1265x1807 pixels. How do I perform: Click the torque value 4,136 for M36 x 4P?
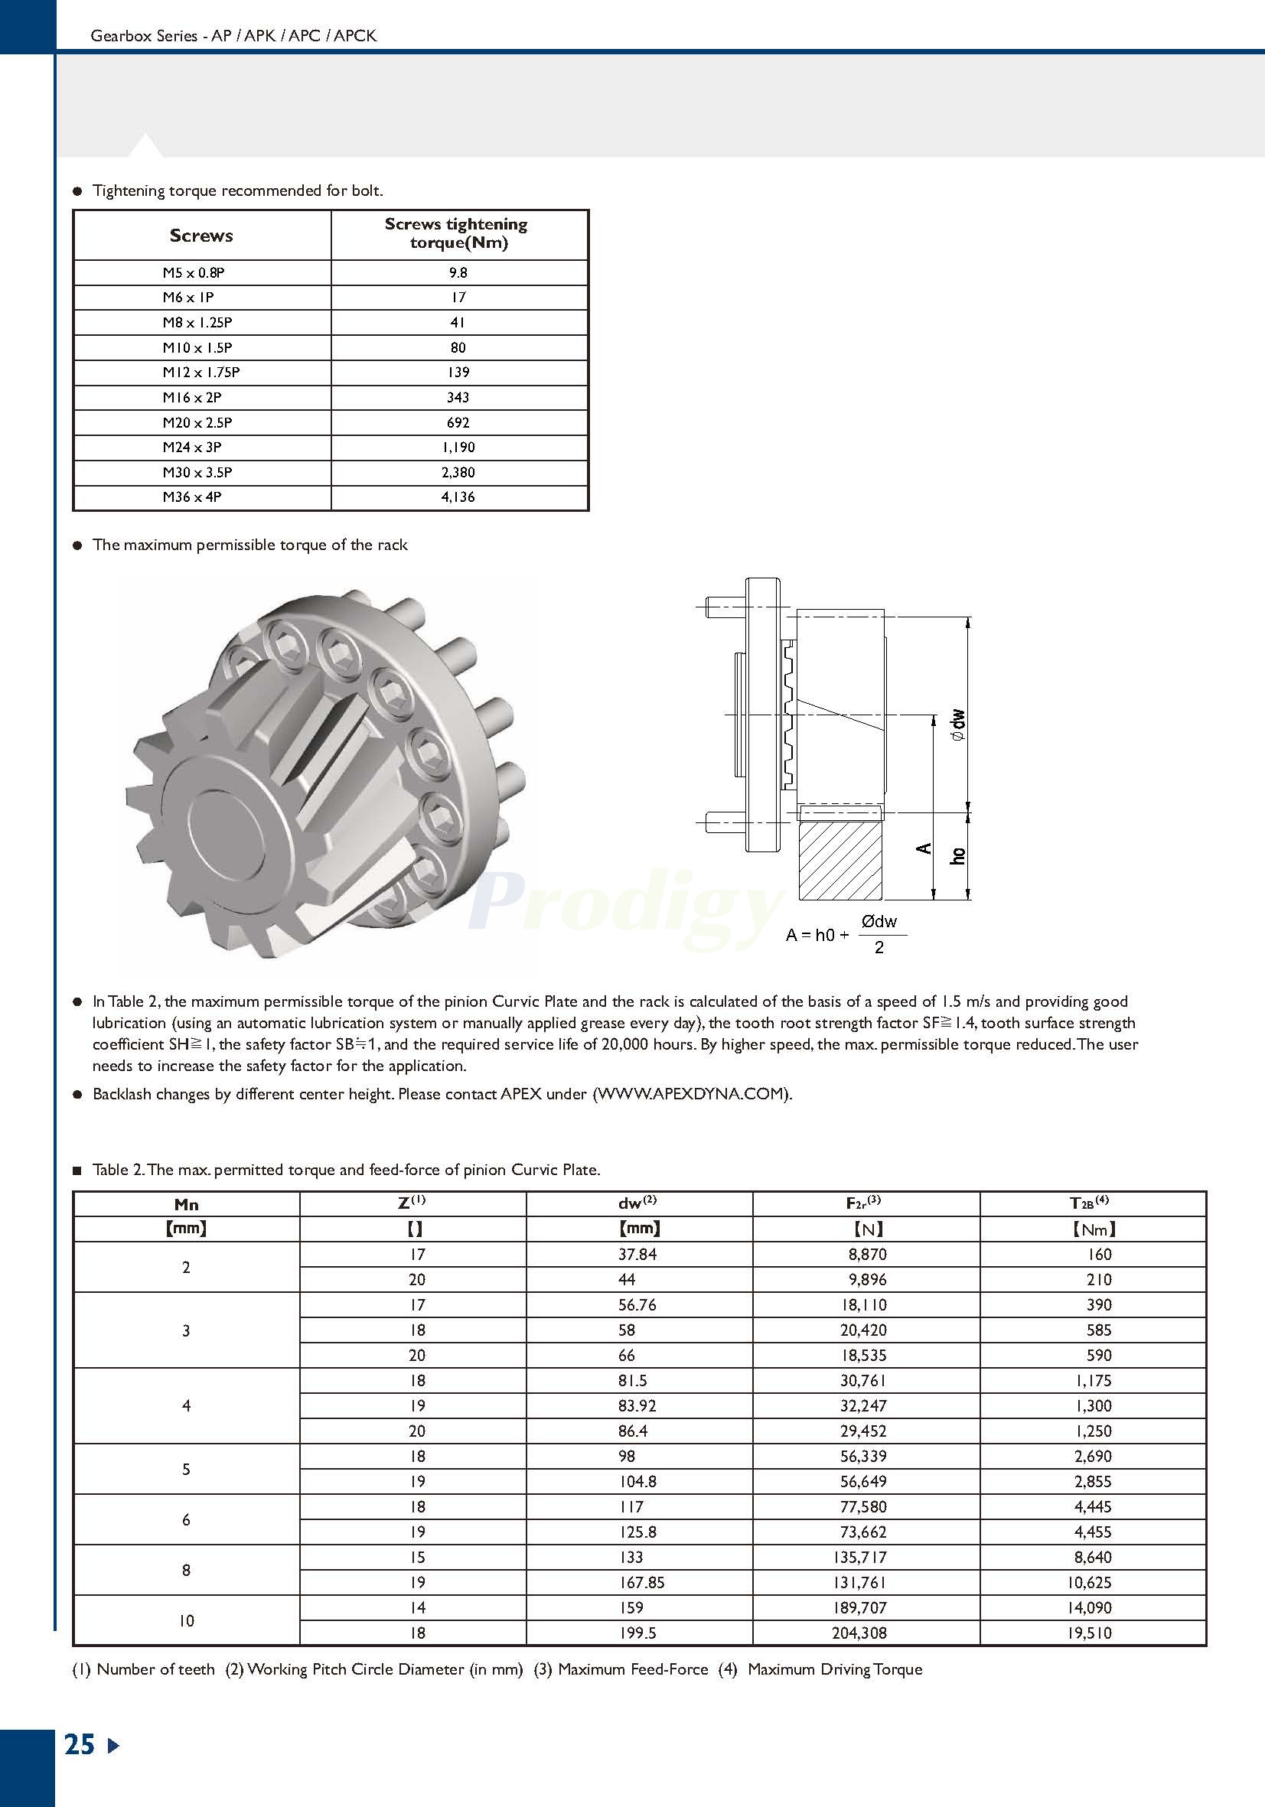(458, 497)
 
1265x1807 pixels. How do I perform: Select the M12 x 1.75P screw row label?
(201, 373)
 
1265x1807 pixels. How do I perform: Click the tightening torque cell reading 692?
(458, 422)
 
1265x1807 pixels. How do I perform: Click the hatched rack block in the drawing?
(841, 859)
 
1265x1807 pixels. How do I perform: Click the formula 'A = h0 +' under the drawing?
(817, 936)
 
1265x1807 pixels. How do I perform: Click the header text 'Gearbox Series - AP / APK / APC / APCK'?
(234, 35)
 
